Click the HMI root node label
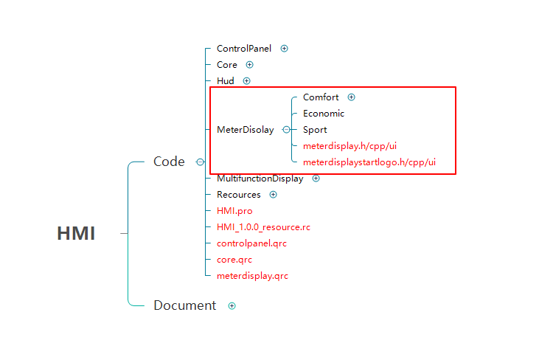point(76,233)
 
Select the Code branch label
point(169,162)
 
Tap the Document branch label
point(184,305)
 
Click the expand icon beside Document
point(232,305)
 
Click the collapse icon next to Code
point(200,162)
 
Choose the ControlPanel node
point(243,49)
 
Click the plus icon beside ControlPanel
point(285,49)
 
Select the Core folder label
point(227,65)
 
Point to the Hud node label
point(226,81)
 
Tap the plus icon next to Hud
point(247,81)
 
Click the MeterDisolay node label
point(245,130)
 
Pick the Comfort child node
point(321,97)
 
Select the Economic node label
point(324,114)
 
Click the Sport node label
point(315,130)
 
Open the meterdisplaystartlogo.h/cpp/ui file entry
point(369,162)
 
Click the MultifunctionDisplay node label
point(260,179)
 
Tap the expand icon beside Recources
point(274,195)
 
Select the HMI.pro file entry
point(234,211)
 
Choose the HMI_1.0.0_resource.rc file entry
point(263,227)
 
